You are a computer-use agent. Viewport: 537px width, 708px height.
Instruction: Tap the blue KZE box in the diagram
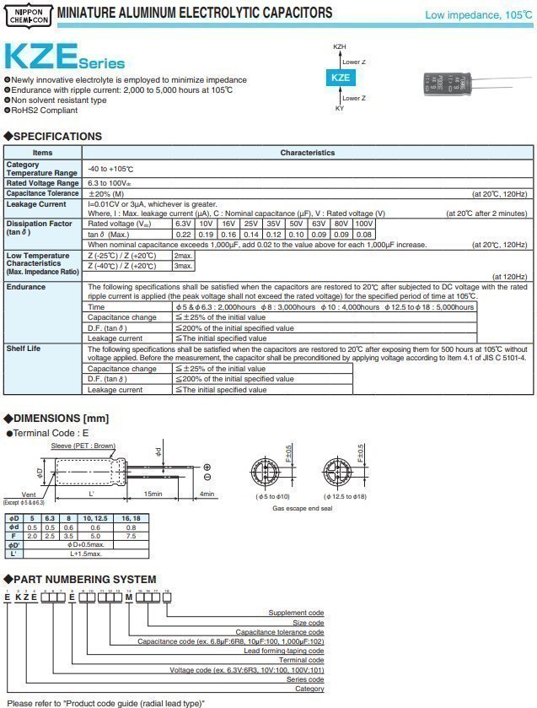click(339, 77)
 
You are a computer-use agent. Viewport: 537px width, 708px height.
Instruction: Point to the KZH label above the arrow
click(339, 46)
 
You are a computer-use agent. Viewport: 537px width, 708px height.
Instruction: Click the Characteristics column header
click(307, 153)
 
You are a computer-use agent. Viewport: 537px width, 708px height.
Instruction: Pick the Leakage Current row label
click(35, 204)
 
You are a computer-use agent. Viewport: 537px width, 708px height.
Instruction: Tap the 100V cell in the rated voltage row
click(363, 224)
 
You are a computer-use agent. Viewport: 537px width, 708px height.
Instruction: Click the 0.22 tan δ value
click(182, 234)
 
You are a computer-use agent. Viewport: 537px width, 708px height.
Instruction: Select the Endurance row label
click(25, 287)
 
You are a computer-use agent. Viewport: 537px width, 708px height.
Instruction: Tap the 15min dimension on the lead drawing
click(153, 495)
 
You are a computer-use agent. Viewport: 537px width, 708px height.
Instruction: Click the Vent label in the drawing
click(29, 495)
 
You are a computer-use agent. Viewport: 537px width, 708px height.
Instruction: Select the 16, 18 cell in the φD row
click(132, 517)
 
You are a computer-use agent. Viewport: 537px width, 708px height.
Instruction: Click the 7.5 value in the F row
click(132, 535)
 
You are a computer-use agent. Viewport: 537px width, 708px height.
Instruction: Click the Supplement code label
click(296, 613)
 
